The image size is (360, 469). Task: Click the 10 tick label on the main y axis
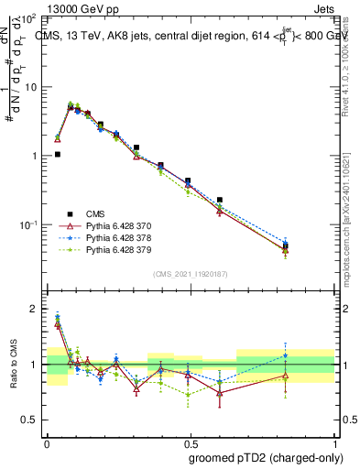click(x=32, y=87)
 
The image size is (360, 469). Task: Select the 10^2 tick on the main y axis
click(x=30, y=19)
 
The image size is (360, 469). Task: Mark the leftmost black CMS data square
click(x=58, y=155)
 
